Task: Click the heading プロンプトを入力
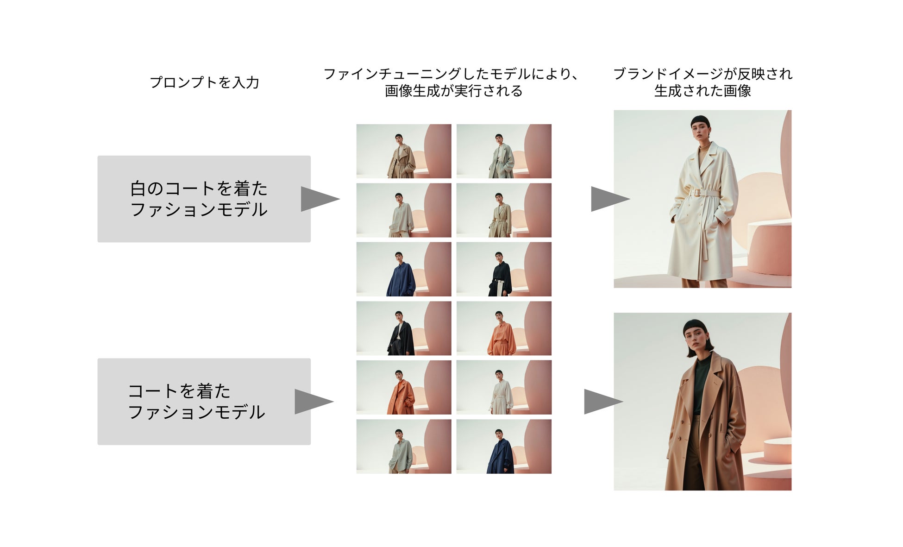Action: coord(204,82)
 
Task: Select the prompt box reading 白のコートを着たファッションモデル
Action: coord(204,199)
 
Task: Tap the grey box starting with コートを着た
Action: coord(204,401)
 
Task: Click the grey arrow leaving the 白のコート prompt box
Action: coord(319,199)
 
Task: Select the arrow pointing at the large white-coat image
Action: coord(609,199)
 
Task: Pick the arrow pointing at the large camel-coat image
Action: coord(602,401)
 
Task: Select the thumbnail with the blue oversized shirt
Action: coord(403,269)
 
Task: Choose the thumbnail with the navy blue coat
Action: coord(504,446)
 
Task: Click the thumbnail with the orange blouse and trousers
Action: coord(504,328)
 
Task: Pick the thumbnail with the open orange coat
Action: coord(403,387)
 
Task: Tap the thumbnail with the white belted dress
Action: coord(504,387)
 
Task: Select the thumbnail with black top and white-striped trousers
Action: coord(504,269)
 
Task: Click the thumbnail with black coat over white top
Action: coord(403,328)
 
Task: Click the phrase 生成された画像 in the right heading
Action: coord(702,91)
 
